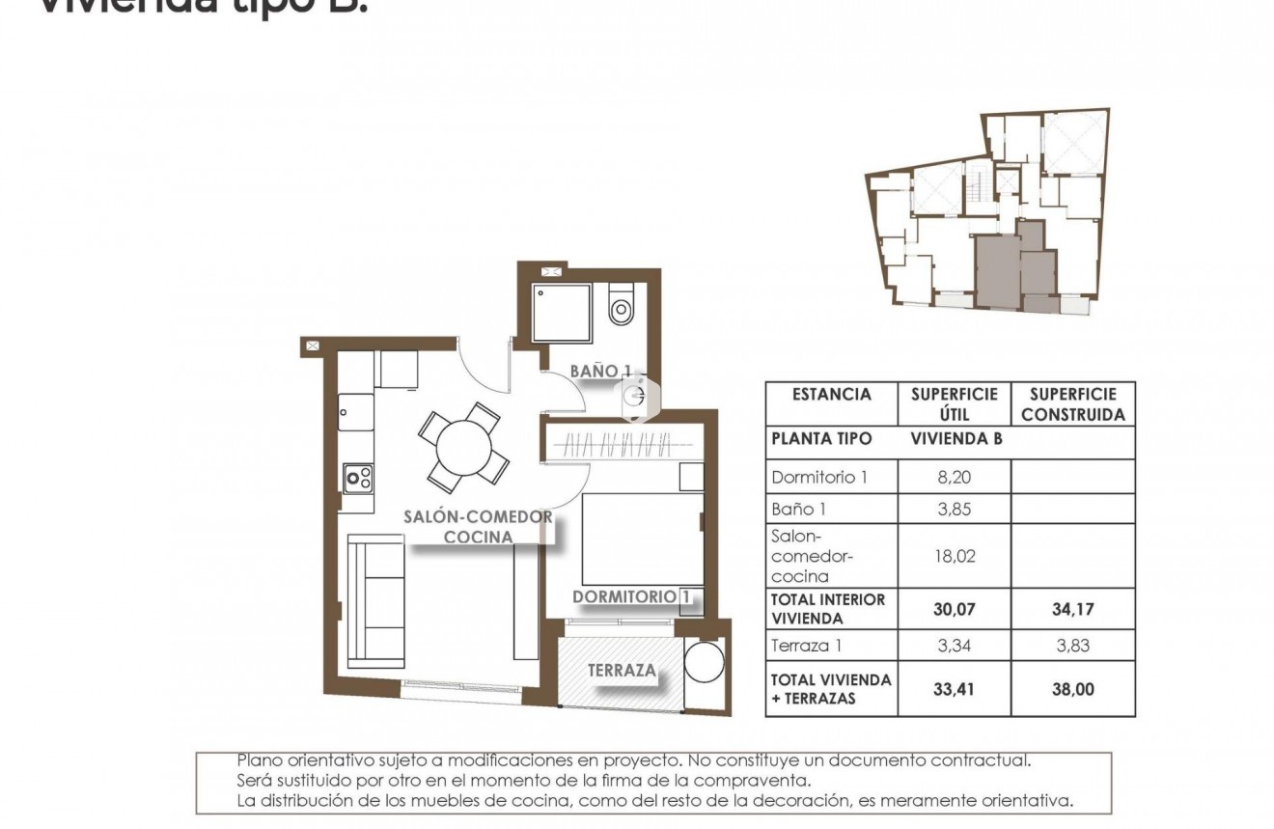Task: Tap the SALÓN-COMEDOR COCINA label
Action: pos(478,526)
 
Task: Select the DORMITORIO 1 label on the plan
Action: pos(633,596)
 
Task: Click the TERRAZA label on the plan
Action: pos(623,669)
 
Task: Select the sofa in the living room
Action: pos(376,601)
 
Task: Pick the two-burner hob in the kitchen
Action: pos(359,476)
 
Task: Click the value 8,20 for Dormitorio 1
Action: pos(954,477)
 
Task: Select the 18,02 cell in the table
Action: pos(954,555)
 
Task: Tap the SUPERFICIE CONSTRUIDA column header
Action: pos(1072,404)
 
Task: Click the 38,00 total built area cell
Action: pos(1072,689)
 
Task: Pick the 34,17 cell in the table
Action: pos(1072,609)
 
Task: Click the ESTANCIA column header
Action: pos(831,395)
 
